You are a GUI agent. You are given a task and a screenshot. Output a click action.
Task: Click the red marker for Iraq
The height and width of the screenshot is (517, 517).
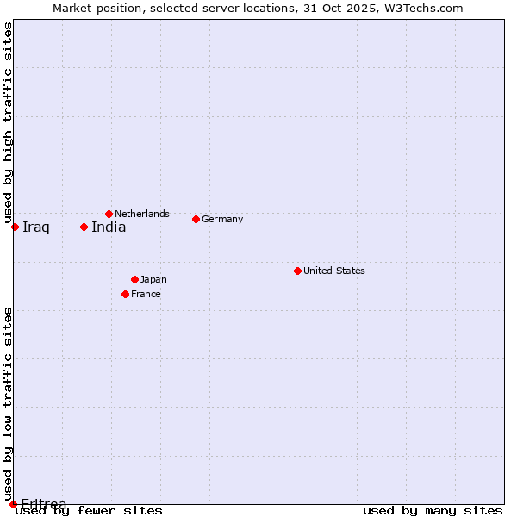pos(15,227)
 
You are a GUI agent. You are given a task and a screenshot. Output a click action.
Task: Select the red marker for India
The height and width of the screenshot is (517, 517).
pos(84,227)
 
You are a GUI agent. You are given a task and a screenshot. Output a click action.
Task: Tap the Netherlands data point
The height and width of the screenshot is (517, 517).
pos(109,214)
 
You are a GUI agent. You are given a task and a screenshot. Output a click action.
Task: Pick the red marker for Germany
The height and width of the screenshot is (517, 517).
pos(196,219)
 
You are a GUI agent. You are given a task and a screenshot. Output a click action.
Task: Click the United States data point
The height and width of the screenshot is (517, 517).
pos(297,271)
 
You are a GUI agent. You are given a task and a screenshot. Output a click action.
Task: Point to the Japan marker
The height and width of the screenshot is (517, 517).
pos(134,279)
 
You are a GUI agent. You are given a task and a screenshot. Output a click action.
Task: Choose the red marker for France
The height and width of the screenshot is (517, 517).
pos(125,294)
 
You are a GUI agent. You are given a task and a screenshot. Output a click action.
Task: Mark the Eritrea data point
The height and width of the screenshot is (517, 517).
pos(13,504)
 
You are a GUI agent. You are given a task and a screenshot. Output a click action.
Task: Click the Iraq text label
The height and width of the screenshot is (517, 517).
pos(36,227)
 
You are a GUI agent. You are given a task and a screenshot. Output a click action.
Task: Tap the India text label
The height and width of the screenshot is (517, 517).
pos(109,227)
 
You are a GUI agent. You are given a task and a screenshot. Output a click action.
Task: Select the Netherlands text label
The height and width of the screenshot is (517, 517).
pos(142,214)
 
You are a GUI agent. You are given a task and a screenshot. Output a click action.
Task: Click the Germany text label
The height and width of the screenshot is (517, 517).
pos(222,219)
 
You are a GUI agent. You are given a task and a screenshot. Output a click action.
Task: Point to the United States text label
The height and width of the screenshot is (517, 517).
pos(334,271)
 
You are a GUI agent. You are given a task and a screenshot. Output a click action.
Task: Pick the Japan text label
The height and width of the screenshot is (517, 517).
pos(153,279)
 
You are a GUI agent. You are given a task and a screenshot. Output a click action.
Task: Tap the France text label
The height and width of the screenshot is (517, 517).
pos(146,294)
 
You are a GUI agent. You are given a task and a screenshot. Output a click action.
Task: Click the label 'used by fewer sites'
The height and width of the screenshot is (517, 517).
pos(89,511)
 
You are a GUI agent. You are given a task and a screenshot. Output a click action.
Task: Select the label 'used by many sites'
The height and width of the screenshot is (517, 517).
pos(433,511)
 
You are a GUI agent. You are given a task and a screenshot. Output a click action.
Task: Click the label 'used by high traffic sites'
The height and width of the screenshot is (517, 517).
pos(8,123)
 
